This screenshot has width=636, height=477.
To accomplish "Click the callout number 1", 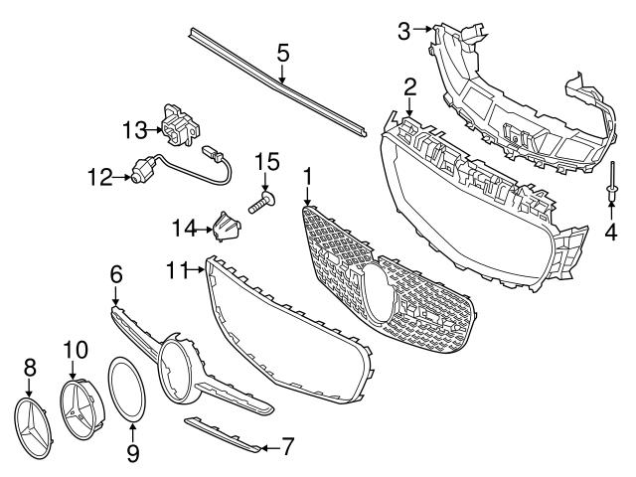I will (308, 176).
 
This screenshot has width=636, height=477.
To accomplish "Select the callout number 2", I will (409, 87).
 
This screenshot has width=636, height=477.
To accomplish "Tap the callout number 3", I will (403, 31).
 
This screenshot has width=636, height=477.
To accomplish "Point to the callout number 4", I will (611, 234).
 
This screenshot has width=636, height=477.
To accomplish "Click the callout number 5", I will (283, 53).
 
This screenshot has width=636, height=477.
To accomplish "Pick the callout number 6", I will (116, 271).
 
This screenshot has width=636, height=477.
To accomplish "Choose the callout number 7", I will (288, 446).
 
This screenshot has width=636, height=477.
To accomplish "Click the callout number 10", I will (76, 350).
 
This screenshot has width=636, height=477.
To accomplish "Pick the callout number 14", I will (183, 230).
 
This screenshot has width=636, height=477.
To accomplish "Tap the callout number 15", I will (265, 161).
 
